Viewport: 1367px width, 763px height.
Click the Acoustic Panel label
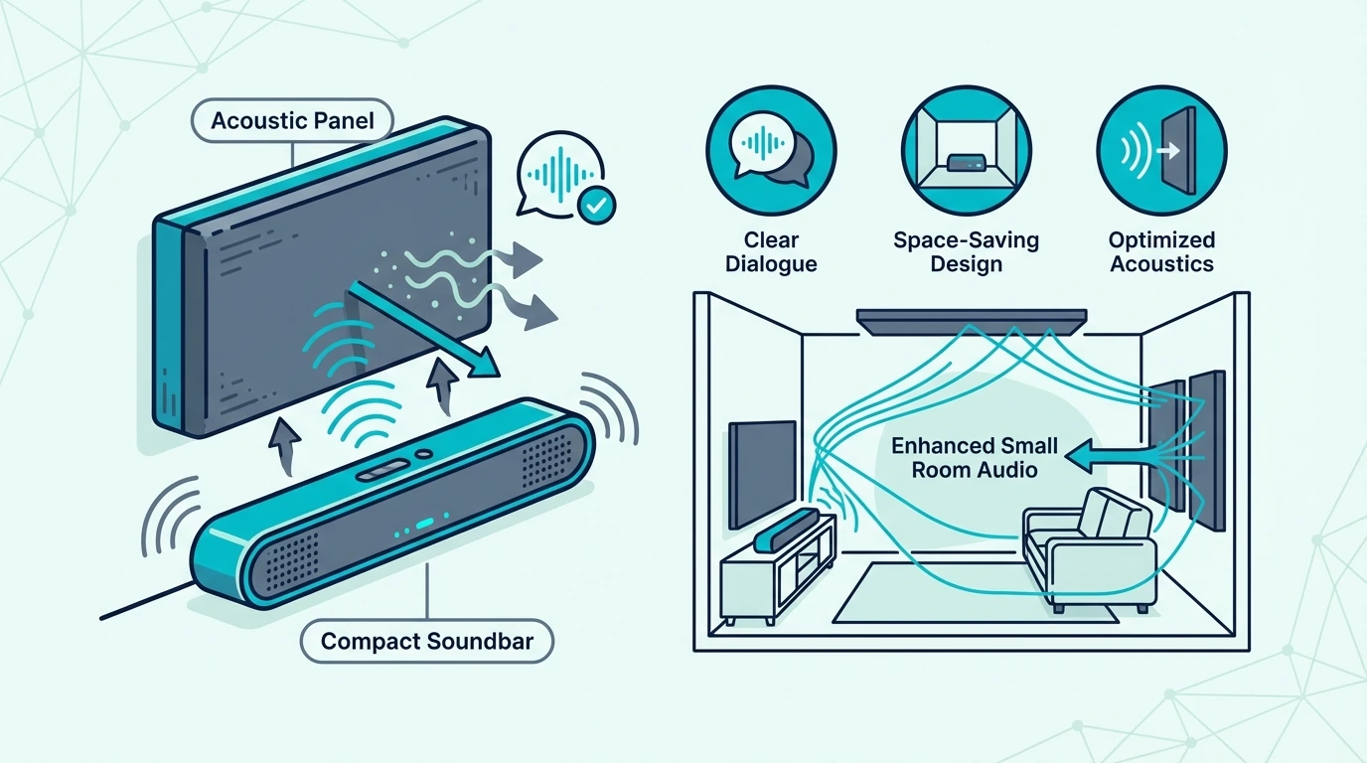tap(292, 121)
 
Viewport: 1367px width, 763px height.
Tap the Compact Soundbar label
tap(427, 641)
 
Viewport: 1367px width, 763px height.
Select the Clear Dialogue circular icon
tap(771, 151)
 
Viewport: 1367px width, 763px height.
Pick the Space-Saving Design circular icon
tap(966, 151)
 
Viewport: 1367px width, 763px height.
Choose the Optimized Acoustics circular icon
tap(1161, 151)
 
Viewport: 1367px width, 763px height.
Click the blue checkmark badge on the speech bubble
tap(596, 206)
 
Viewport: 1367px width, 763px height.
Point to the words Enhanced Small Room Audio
tap(975, 458)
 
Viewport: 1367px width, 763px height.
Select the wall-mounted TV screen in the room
tap(763, 474)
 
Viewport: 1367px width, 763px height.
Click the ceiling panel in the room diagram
tap(972, 322)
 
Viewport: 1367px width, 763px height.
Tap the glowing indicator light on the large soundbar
tap(425, 524)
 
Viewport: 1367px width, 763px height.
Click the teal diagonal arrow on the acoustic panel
tap(424, 330)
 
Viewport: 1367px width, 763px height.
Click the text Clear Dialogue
tap(771, 251)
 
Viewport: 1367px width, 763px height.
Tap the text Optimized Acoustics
tap(1161, 251)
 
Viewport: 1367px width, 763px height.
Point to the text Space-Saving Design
tap(966, 251)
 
